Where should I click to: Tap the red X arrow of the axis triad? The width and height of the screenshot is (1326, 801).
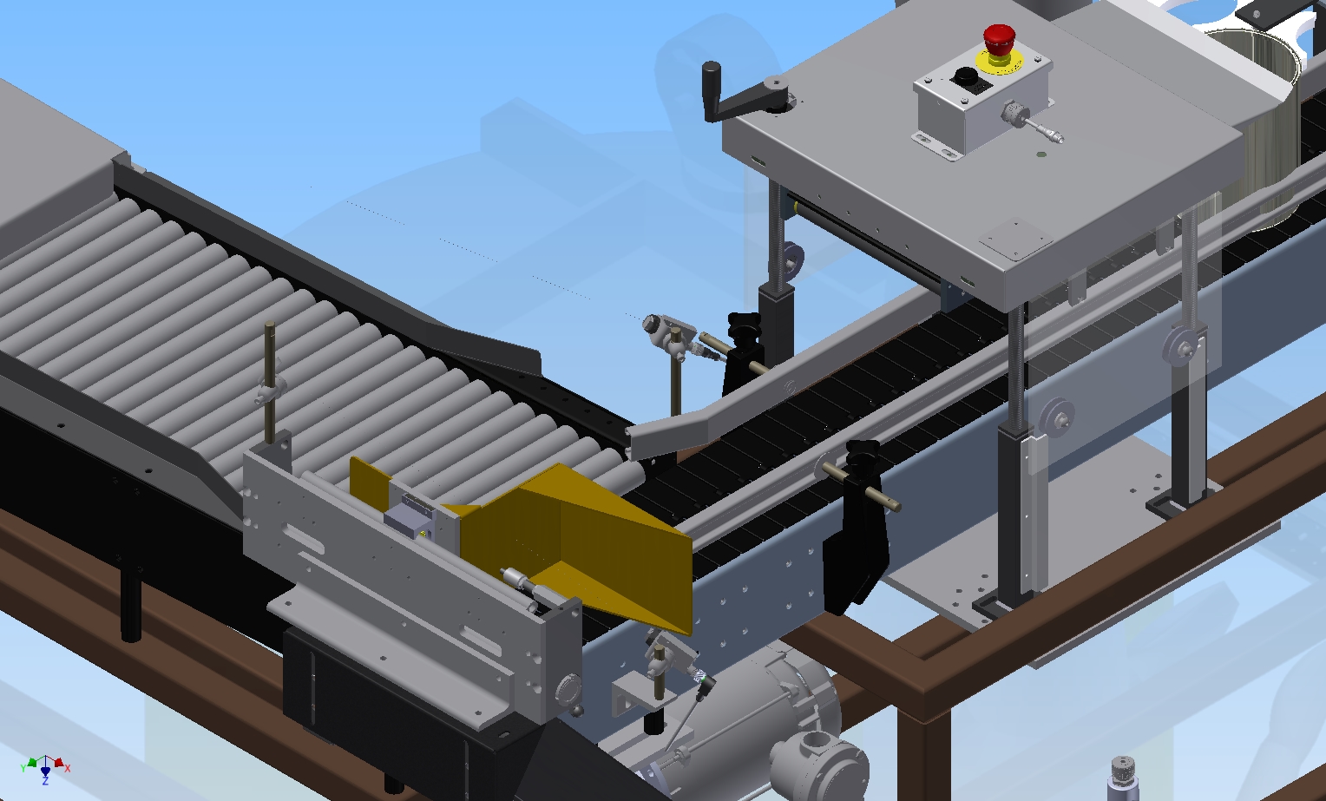[x=60, y=763]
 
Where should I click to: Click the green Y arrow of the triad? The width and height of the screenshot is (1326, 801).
[x=30, y=765]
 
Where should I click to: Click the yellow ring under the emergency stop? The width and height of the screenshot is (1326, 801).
[x=999, y=61]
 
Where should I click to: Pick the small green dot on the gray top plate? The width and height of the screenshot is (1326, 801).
[x=1042, y=155]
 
